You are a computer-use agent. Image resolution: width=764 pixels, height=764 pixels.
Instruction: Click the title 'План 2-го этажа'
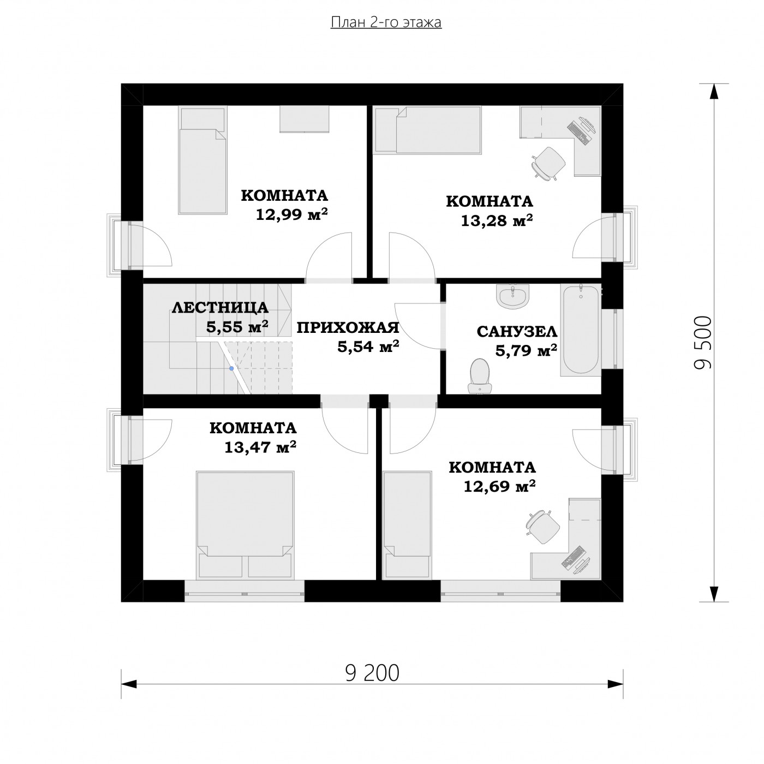pos(386,22)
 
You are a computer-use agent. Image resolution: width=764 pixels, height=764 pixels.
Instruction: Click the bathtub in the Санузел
pos(581,330)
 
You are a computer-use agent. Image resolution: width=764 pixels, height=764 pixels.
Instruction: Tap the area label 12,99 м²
pos(291,214)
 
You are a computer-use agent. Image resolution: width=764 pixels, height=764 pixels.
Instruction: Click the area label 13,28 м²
pos(497,220)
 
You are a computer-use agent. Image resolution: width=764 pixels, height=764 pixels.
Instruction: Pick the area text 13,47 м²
pos(260,447)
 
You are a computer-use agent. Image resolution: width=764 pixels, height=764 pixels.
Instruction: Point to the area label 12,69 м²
pos(499,486)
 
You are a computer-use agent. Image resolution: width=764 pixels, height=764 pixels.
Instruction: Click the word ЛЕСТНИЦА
pos(220,308)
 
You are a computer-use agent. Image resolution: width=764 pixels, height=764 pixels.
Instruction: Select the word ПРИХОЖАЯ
pos(348,328)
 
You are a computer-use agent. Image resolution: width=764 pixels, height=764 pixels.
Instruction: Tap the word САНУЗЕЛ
pos(517,332)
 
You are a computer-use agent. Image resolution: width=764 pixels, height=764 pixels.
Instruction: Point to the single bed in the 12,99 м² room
pos(202,160)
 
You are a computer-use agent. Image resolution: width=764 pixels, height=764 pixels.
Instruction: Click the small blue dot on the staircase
pos(231,368)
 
